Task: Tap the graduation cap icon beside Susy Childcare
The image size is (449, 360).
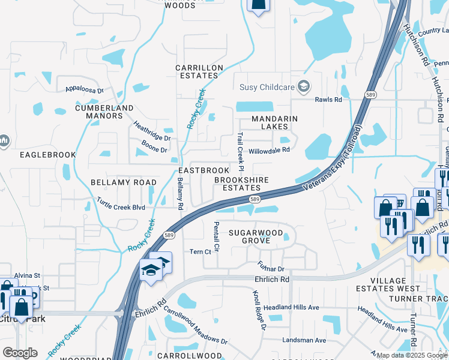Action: click(x=304, y=86)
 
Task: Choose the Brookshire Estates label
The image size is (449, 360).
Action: click(x=242, y=184)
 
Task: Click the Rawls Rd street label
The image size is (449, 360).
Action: click(x=329, y=100)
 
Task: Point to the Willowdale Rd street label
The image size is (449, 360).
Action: click(x=270, y=150)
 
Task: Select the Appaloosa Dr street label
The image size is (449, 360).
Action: click(x=85, y=90)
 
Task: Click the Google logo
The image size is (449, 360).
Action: click(x=20, y=352)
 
